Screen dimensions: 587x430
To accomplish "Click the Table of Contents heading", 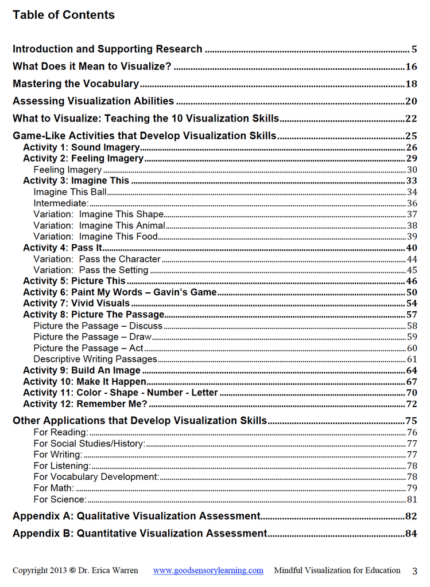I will tap(64, 15).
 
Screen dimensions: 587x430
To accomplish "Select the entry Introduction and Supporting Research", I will tap(107, 49).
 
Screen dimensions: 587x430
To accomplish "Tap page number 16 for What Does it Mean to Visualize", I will tap(410, 66).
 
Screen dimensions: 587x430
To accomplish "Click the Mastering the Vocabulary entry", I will tap(76, 84).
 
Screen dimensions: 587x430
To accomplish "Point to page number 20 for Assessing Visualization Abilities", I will tap(410, 101).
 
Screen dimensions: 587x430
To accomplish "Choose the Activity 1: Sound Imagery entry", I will tap(81, 147).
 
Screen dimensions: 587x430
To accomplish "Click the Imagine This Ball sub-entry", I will tap(70, 192).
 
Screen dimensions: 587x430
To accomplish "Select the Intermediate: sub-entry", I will tap(61, 203).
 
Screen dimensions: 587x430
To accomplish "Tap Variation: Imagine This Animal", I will tap(99, 225).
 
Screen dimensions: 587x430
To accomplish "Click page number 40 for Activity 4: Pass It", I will tap(411, 248).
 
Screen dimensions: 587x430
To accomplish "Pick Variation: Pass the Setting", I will tap(91, 270).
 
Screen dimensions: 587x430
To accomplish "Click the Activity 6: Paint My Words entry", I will tap(119, 292).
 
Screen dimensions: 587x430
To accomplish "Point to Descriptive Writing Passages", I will tap(95, 359).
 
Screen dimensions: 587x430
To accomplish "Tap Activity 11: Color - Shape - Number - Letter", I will tap(121, 393).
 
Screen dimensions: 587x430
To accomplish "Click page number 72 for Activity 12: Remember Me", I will tap(411, 404).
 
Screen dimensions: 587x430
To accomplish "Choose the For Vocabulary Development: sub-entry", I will tap(96, 477).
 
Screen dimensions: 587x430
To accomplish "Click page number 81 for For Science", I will tap(412, 499).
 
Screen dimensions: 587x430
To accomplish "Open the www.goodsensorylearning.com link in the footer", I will tap(208, 570).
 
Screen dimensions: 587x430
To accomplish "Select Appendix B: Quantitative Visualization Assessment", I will tap(140, 534).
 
